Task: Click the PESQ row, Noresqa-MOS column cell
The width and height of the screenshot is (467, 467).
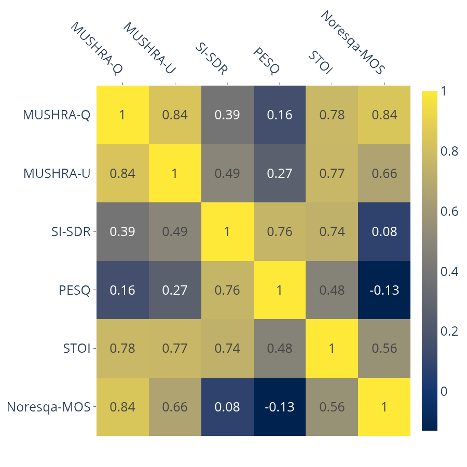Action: (x=384, y=290)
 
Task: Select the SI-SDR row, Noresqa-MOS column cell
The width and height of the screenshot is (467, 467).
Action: (x=384, y=231)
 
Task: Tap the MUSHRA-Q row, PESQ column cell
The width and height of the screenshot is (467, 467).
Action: (x=280, y=115)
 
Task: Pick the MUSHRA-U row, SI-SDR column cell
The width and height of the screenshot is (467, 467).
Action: (x=227, y=173)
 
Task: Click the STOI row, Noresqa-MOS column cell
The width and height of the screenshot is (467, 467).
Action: (x=384, y=348)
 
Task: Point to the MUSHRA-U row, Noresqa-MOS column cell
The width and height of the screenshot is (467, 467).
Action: (x=384, y=173)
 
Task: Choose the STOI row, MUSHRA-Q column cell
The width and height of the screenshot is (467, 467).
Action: (x=122, y=348)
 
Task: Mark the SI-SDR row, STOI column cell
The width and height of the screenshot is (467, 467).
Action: (x=332, y=231)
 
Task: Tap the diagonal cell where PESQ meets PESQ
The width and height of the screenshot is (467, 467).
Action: (x=280, y=290)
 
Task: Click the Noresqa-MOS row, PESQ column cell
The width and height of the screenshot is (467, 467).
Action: (x=280, y=407)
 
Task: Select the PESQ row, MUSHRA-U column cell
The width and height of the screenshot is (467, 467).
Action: (x=175, y=290)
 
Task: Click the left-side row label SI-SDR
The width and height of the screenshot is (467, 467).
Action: (x=71, y=231)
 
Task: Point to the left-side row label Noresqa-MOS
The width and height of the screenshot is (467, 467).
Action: (x=49, y=407)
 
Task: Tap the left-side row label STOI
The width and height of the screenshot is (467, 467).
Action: (x=77, y=348)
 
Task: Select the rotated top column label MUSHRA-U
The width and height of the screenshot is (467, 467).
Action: (x=148, y=48)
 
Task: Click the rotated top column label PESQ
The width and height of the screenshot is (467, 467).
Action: (x=267, y=61)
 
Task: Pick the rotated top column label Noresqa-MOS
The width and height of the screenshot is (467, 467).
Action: (x=353, y=42)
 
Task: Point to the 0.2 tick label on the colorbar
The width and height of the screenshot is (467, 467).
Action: (x=449, y=331)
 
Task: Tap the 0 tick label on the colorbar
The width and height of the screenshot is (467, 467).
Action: (x=444, y=391)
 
